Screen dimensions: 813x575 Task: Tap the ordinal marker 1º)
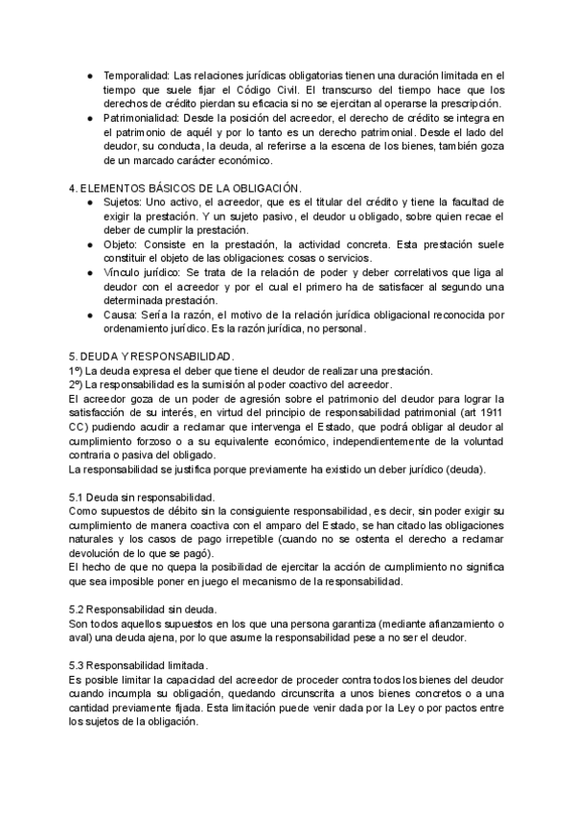[x=80, y=371]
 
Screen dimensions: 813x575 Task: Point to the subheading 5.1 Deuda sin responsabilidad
[x=142, y=498]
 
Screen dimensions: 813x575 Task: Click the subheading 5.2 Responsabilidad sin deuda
[x=143, y=610]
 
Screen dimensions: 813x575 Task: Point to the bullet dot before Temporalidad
[x=89, y=75]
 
